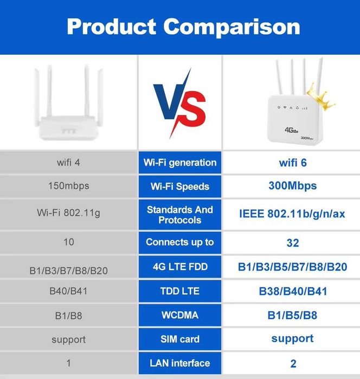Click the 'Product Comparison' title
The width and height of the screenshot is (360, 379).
183,26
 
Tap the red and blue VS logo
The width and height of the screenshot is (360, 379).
180,103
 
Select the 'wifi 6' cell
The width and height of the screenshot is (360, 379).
292,162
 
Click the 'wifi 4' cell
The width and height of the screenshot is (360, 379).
68,162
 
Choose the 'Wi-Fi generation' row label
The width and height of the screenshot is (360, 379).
180,163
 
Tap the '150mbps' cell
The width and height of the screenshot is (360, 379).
68,186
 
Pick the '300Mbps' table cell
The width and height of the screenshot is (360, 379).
292,186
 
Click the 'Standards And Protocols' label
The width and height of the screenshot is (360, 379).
180,215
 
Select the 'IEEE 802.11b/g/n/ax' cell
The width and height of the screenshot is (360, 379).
292,214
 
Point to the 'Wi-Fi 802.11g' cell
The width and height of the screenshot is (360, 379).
68,213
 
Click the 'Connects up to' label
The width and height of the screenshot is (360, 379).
180,242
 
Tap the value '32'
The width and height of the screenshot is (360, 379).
292,243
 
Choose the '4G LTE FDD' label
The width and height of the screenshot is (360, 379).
180,267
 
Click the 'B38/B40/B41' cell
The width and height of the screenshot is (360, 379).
292,291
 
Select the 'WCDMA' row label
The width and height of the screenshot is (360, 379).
180,315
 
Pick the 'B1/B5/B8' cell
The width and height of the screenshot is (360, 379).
292,315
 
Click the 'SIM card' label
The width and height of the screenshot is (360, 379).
180,339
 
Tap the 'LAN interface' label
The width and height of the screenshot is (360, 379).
180,363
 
